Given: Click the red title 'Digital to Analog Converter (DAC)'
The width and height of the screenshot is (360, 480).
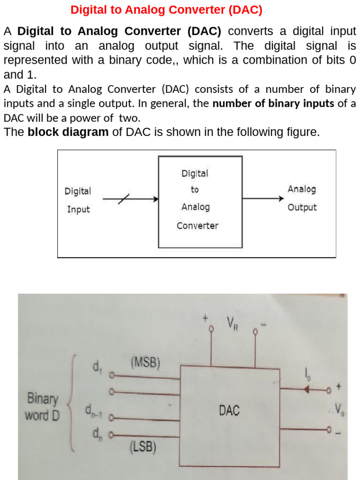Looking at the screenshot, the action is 166,10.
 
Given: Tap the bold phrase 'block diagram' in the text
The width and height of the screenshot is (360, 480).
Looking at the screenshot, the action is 68,132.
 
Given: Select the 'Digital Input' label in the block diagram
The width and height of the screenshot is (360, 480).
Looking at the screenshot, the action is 78,200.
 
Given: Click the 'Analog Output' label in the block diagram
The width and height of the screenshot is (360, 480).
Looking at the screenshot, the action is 302,198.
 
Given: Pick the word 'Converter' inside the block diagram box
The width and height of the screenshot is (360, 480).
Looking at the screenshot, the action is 197,225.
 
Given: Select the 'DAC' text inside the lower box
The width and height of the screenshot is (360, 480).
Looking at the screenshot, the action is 229,411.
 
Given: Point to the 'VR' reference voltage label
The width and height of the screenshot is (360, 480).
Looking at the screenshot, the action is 232,323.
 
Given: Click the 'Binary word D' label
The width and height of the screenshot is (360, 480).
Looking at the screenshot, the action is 43,407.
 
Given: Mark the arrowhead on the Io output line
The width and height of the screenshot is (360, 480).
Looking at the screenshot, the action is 307,389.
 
